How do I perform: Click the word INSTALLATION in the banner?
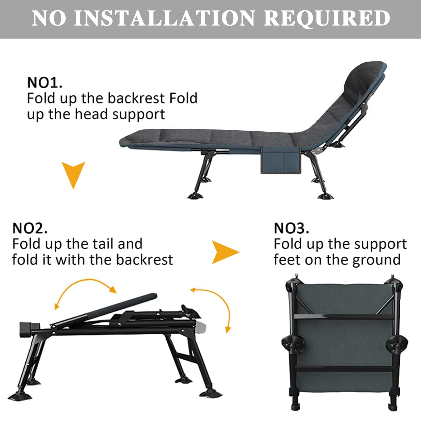click(x=164, y=18)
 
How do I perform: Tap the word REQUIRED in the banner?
click(x=327, y=18)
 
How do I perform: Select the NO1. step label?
click(x=45, y=83)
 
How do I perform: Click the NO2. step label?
click(x=30, y=228)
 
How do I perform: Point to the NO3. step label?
click(x=292, y=228)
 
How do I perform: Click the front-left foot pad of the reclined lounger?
click(x=195, y=195)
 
